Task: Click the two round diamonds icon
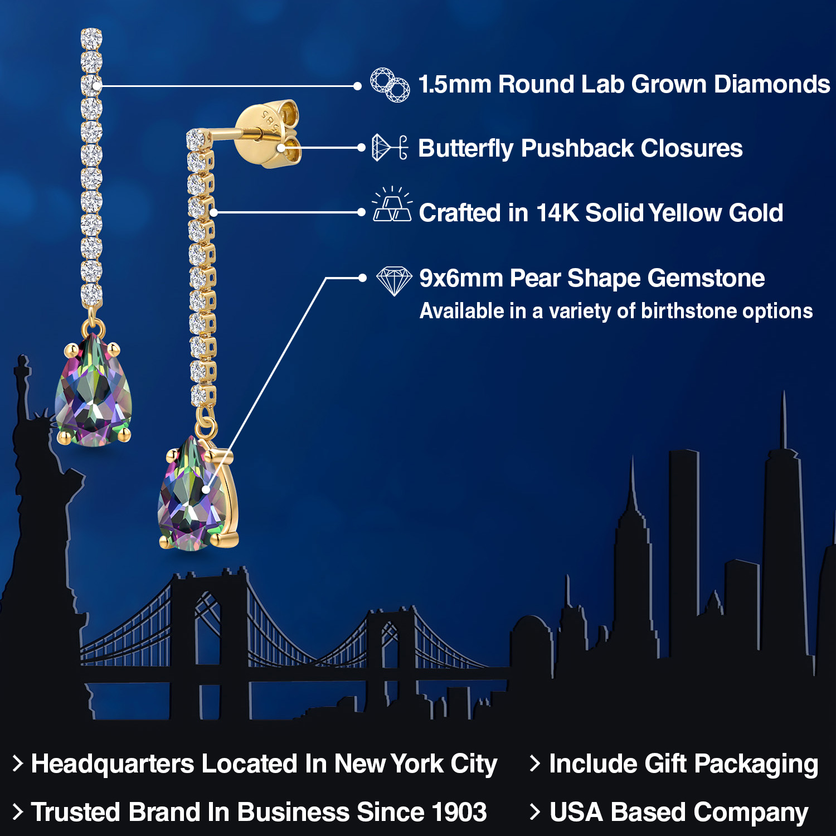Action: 390,85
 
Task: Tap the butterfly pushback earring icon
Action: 390,148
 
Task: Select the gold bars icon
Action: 392,206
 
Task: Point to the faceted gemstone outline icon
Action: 394,280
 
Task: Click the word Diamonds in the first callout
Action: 772,85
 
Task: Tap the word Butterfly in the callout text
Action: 465,149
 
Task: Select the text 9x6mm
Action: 460,278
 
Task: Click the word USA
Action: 576,812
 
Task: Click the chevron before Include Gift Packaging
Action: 534,764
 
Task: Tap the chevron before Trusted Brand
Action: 17,812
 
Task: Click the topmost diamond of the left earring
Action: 91,38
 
